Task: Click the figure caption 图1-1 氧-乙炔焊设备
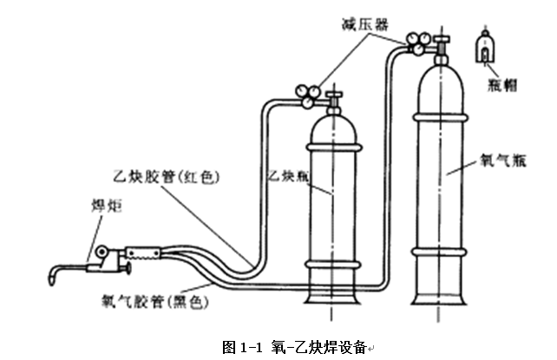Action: coord(295,346)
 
